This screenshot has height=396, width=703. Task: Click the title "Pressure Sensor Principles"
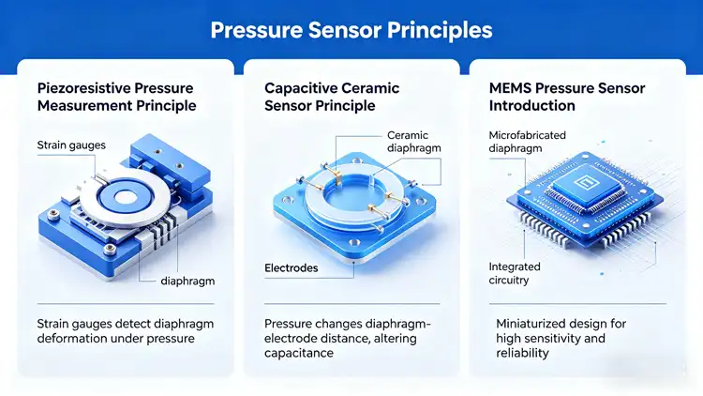point(351,31)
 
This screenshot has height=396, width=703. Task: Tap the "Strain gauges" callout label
point(71,145)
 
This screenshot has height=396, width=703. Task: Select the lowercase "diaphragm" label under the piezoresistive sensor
point(187,282)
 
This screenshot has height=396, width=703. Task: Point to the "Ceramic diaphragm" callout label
point(413,142)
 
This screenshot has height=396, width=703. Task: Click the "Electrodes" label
point(291,268)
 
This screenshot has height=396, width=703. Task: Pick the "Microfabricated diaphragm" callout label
point(527,142)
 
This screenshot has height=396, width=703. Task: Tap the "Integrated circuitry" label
point(515,273)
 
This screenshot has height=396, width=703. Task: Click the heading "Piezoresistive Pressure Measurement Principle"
point(116,97)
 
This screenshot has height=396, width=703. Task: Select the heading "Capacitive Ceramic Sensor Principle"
point(332,97)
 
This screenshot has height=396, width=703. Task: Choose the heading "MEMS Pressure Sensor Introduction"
point(567,97)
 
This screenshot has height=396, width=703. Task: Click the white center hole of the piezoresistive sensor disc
point(123,197)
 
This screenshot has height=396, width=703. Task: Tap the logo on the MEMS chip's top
point(585,183)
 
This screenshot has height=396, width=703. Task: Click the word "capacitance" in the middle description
point(299,353)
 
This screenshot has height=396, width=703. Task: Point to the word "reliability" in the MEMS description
point(522,353)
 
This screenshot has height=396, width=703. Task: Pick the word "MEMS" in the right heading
point(510,88)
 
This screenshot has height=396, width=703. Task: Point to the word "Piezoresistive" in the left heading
point(82,88)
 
